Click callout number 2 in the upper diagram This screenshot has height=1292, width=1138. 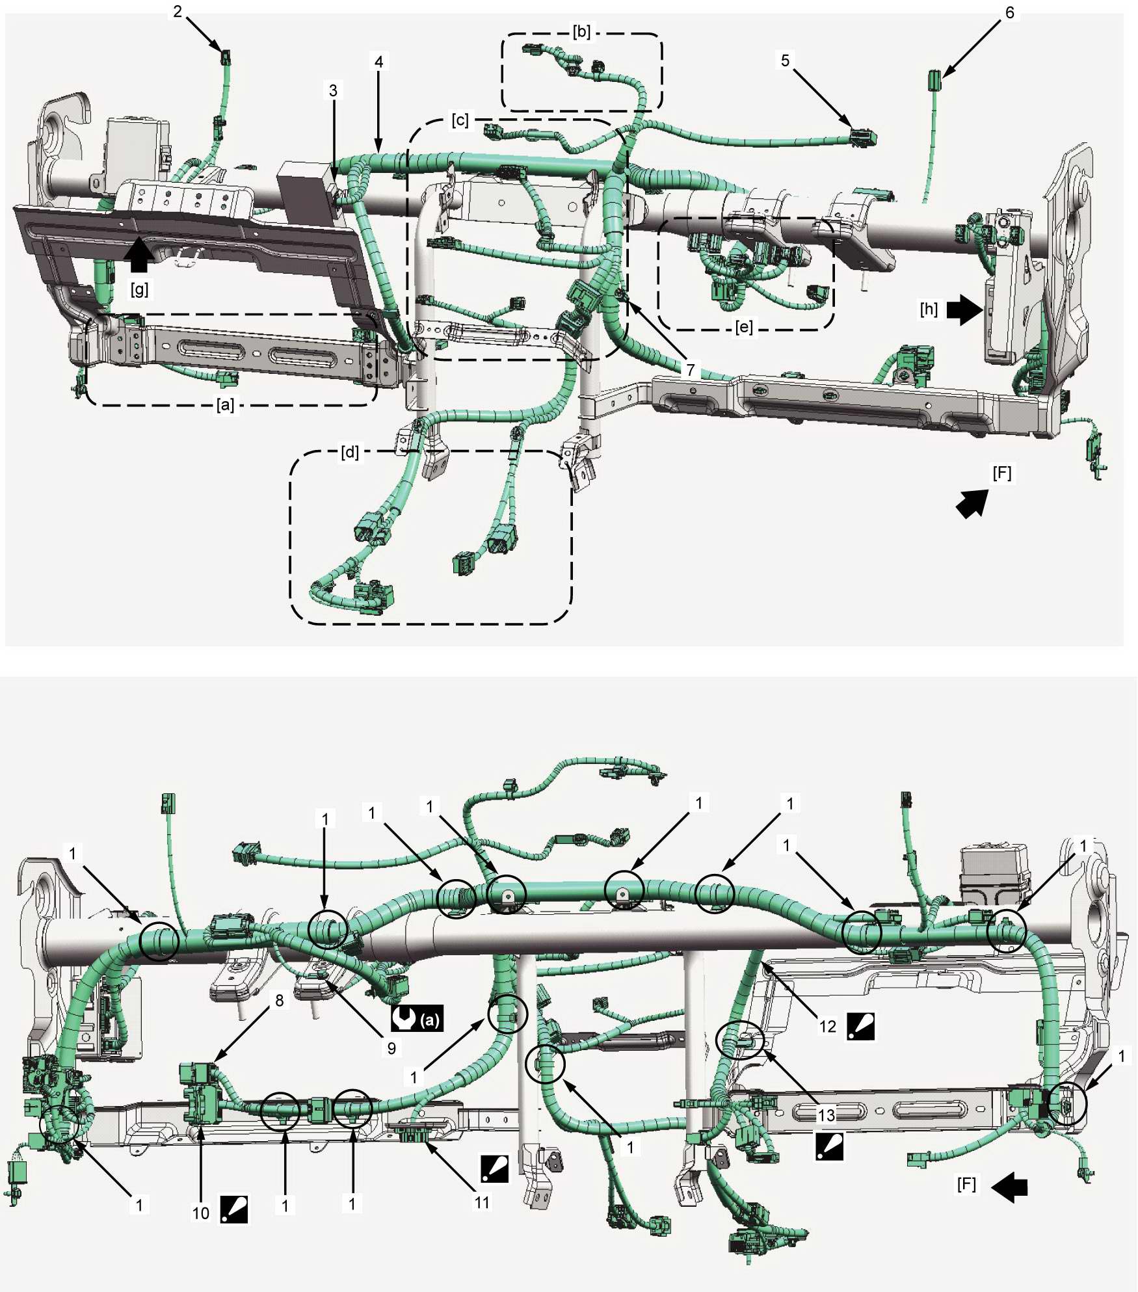[178, 12]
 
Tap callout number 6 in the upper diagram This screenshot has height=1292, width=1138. [1009, 12]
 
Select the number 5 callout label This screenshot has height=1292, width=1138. [785, 60]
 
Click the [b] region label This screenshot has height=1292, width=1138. [581, 32]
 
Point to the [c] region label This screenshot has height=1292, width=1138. [460, 120]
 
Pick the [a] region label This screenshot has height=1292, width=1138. [225, 405]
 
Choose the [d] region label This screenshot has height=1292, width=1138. [350, 452]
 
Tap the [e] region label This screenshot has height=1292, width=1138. [744, 326]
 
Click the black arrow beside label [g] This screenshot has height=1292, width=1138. [139, 255]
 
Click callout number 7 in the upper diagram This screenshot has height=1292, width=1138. [691, 370]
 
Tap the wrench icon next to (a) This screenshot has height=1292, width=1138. [404, 1019]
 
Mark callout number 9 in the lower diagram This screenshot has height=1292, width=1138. [391, 1048]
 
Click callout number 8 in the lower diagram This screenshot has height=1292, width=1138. [280, 1001]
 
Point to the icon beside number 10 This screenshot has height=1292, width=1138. [234, 1209]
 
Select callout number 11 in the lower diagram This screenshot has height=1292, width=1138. [482, 1203]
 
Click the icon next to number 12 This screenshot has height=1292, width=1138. [861, 1027]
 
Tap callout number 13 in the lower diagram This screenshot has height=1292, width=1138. [826, 1116]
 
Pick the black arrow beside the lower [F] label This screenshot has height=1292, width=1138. [1009, 1187]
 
